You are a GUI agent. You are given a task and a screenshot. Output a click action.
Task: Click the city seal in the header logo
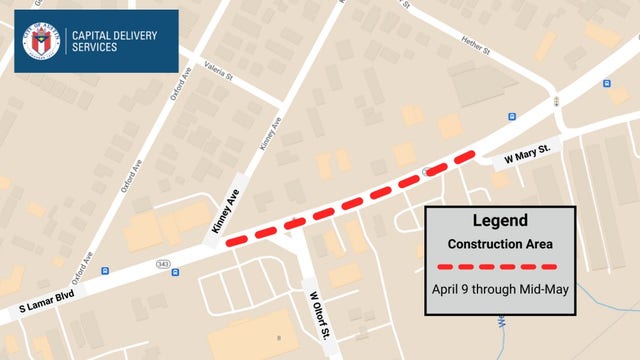pyautogui.click(x=42, y=41)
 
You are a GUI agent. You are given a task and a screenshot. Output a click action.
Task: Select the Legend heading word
pyautogui.click(x=500, y=221)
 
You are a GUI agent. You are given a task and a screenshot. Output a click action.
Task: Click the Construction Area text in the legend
pyautogui.click(x=500, y=243)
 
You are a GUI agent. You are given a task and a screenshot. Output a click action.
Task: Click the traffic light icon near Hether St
pyautogui.click(x=554, y=101)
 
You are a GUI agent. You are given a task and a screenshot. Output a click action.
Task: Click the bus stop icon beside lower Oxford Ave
pyautogui.click(x=104, y=270)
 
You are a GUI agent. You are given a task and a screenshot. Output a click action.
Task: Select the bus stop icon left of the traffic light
pyautogui.click(x=512, y=116)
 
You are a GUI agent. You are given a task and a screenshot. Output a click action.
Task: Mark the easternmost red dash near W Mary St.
pyautogui.click(x=465, y=157)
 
